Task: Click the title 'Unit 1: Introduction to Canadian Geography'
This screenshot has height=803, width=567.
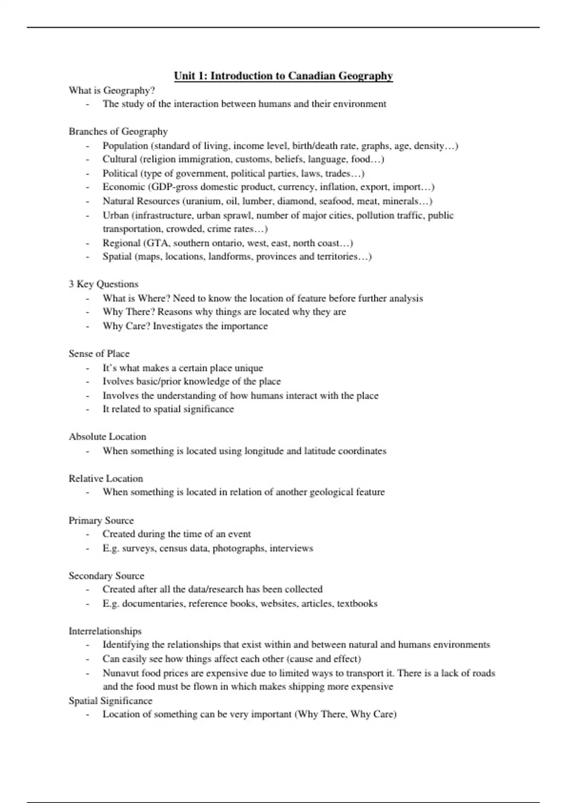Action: (x=283, y=76)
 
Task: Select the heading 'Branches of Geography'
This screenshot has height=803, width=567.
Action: (x=118, y=131)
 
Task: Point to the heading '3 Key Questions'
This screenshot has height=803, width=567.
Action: (x=103, y=284)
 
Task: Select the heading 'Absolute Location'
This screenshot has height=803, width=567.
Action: (x=107, y=436)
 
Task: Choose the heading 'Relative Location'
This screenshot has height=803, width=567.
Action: (x=106, y=478)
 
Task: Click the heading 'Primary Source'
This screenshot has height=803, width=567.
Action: (x=101, y=521)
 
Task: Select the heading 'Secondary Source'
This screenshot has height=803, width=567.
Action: (x=106, y=576)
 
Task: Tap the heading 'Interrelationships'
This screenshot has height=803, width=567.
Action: (x=105, y=631)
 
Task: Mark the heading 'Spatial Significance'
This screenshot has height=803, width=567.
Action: (x=111, y=701)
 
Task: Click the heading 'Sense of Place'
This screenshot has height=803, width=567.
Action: (x=99, y=354)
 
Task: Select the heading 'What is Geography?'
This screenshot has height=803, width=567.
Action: (x=112, y=90)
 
